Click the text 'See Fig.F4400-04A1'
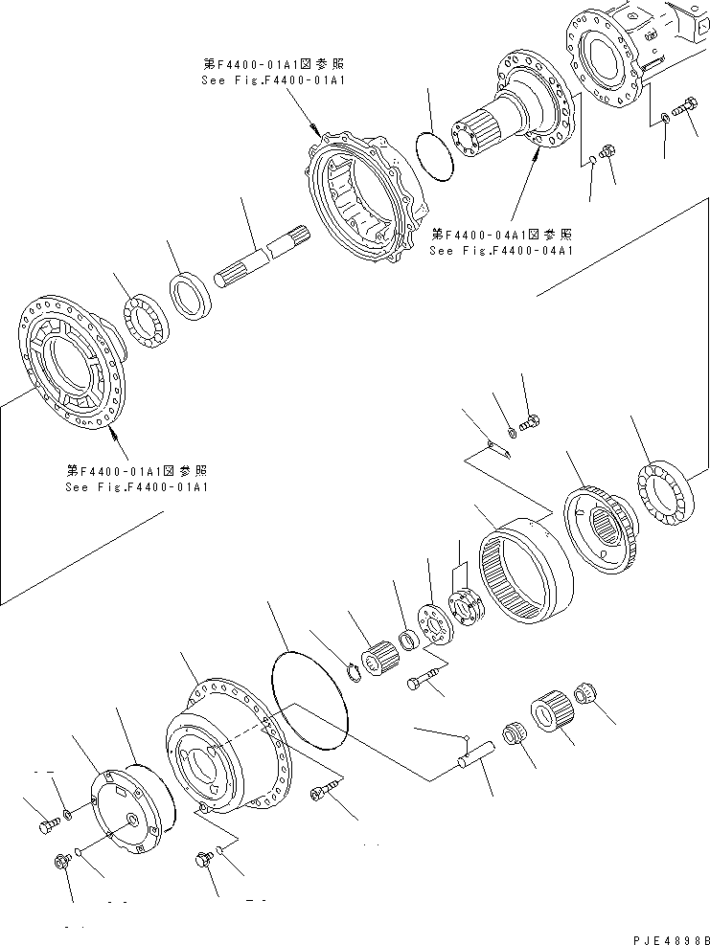tap(501, 251)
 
